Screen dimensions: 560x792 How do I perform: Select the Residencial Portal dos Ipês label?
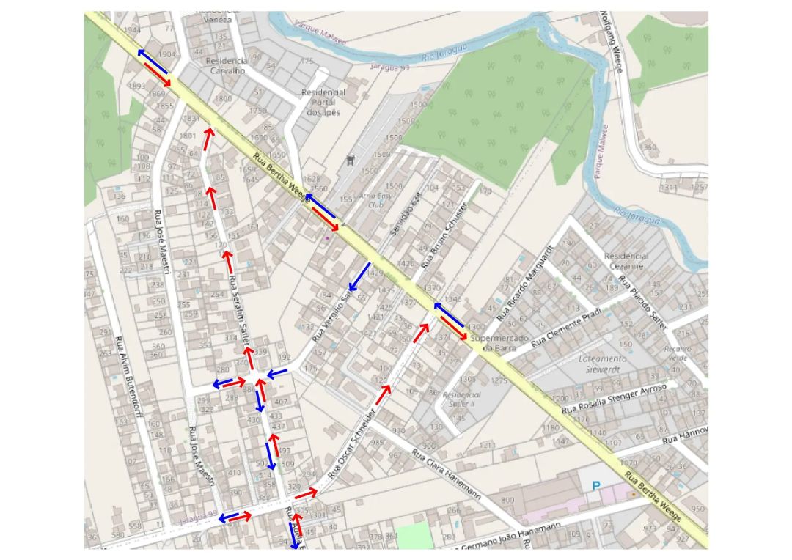click(323, 103)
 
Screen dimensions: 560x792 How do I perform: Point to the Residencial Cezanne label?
click(626, 261)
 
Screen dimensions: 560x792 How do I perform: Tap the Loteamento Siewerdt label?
click(602, 364)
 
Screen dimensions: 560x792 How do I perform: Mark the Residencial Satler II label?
click(459, 399)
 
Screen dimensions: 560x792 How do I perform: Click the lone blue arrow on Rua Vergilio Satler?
click(359, 276)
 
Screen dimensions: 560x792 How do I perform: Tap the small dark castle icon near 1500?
click(351, 158)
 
